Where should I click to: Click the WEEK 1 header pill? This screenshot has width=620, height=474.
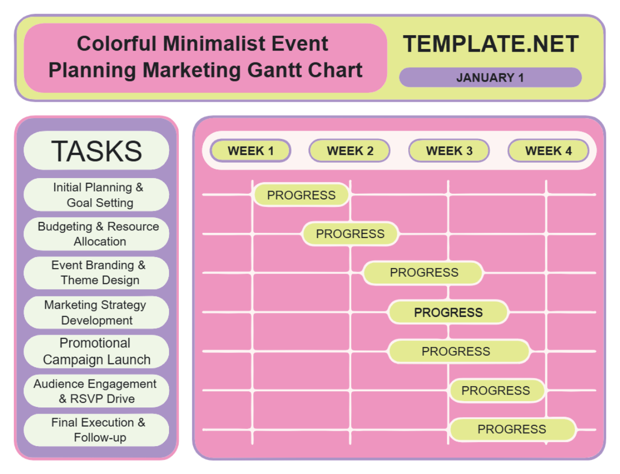(x=251, y=151)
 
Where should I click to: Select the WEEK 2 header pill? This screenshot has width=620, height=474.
(x=350, y=151)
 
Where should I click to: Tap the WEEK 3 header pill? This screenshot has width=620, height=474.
(x=449, y=151)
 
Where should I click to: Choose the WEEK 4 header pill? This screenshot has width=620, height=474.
(x=548, y=151)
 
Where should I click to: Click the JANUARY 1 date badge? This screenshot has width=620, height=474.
(x=490, y=77)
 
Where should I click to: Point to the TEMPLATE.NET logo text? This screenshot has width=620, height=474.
(x=491, y=44)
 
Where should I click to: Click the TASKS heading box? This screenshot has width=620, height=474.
(x=97, y=150)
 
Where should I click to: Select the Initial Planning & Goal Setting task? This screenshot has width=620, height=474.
(x=97, y=195)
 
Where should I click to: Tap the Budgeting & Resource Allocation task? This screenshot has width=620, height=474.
(x=97, y=234)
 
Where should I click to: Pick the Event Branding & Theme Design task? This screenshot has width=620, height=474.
(x=97, y=273)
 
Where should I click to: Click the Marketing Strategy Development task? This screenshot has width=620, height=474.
(x=97, y=312)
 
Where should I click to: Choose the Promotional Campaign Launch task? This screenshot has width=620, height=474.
(x=97, y=351)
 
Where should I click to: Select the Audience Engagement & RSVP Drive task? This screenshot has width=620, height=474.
(x=97, y=391)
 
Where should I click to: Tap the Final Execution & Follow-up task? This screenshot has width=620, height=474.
(x=97, y=430)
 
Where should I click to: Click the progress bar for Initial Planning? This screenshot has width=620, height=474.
(x=301, y=195)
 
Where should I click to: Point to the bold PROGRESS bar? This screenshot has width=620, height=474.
(x=448, y=312)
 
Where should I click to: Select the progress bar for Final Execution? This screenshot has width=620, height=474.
(x=512, y=429)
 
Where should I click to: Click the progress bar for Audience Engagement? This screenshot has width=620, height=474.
(x=496, y=390)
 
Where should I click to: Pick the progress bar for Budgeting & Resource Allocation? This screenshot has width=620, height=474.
(x=350, y=234)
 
